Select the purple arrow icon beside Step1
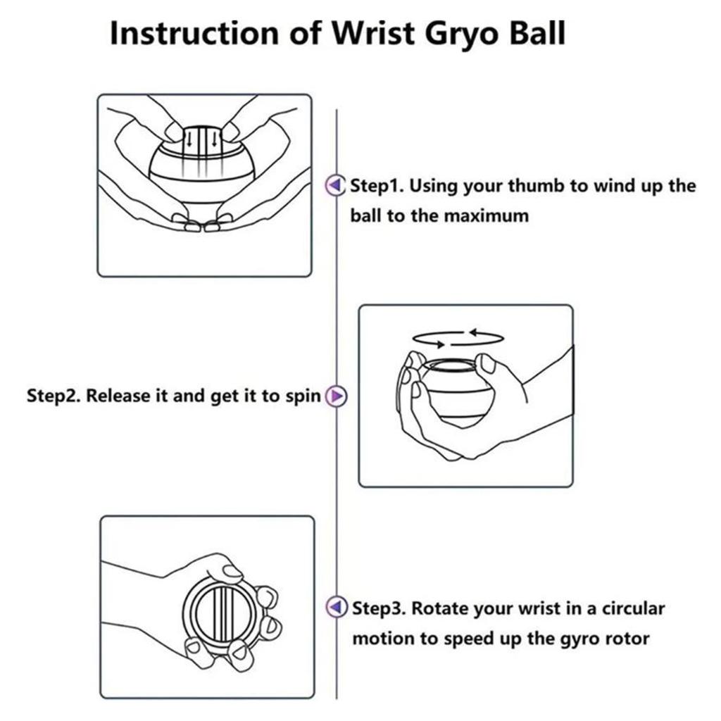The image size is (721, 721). point(336,186)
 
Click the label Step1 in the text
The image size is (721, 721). point(376,187)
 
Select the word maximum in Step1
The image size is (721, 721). point(487,215)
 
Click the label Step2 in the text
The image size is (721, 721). point(53,396)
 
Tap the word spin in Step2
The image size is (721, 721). point(303,396)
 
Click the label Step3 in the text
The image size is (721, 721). point(377,608)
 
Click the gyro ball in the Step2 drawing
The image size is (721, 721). point(453,391)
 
